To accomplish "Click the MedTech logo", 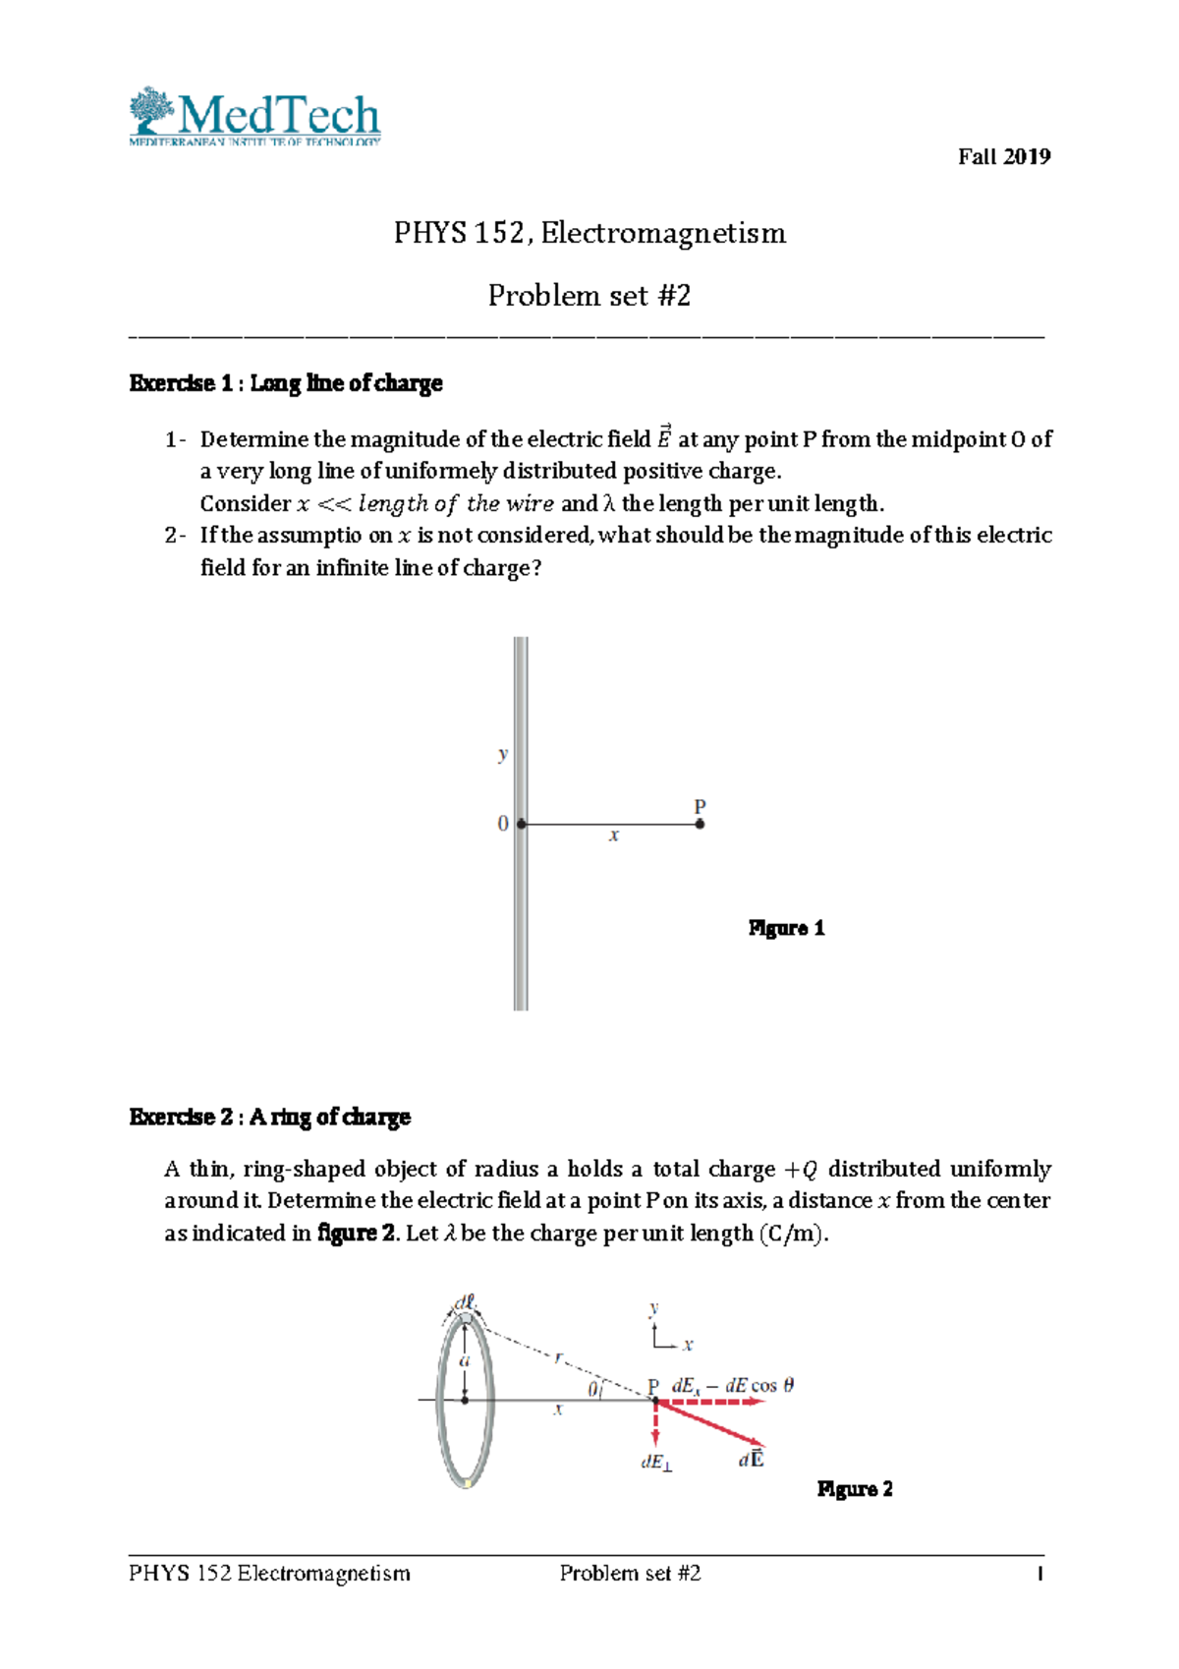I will pos(254,117).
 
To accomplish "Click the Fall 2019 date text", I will pos(1003,156).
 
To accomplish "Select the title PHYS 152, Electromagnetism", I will pos(589,233).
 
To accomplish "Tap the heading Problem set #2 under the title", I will pos(589,295).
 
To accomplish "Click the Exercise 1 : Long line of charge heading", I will pos(286,383).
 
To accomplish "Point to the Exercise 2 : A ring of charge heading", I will pos(269,1117).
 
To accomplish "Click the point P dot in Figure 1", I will pos(700,824).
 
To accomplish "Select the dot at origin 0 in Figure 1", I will pos(522,824).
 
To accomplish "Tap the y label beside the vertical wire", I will pos(503,754).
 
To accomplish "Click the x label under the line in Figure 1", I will pos(613,835).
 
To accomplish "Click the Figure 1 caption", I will pos(786,928).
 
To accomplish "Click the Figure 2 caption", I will pos(855,1488).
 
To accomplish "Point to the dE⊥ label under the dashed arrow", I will pos(656,1463).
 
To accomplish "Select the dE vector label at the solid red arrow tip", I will pos(752,1460).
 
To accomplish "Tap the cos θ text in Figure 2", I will pos(772,1385).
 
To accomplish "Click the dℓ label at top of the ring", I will pos(464,1302).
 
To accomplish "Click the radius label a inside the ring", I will pos(465,1361).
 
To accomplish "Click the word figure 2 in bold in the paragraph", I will pos(356,1233).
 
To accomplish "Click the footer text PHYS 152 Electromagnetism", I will pos(269,1573).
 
